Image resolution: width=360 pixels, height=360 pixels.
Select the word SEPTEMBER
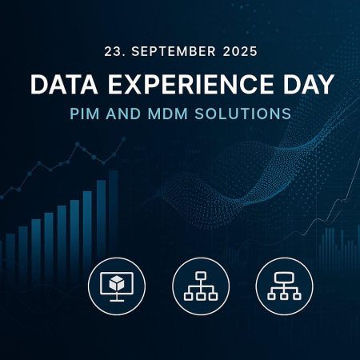174,51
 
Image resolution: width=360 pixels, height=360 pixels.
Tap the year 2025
240,51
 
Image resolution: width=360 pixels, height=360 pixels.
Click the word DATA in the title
64,84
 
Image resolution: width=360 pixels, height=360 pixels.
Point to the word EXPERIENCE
190,84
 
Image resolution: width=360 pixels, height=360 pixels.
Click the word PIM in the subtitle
85,114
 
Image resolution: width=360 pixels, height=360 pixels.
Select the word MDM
168,114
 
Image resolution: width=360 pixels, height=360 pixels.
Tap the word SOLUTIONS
242,114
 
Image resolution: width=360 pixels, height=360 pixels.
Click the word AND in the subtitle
123,114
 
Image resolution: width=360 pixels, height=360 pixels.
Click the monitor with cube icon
117,286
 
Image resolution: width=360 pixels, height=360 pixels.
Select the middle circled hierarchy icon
201,286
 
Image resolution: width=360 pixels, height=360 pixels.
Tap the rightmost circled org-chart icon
285,286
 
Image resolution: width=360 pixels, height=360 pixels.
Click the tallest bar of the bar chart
114,214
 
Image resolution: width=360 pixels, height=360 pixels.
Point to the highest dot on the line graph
124,139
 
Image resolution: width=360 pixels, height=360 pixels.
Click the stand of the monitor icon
117,298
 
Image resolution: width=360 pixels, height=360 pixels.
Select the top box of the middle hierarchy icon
201,276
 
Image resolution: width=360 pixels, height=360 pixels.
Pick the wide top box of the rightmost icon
284,278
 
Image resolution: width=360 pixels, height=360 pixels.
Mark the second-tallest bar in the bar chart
101,218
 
